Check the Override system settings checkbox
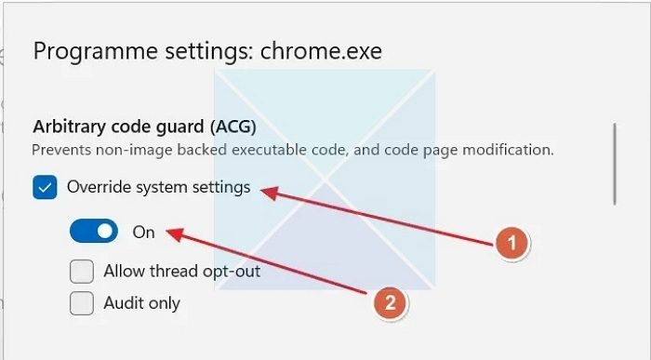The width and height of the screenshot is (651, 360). point(45,187)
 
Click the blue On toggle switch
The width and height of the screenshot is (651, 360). point(94,231)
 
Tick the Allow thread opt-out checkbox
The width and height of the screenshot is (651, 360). point(82,272)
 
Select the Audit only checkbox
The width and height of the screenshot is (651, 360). point(82,303)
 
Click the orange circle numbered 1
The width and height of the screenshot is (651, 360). point(512,244)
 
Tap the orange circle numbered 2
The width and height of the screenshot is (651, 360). point(391,302)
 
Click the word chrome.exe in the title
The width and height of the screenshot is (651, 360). point(321,51)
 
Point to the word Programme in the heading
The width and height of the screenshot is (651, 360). point(95,52)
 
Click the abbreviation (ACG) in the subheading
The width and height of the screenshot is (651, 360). point(233,127)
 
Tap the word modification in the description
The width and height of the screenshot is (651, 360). point(508,150)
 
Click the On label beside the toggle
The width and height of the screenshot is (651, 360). point(143,233)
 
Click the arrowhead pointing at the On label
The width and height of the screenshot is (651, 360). point(175,234)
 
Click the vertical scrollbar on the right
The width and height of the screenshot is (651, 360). point(615,164)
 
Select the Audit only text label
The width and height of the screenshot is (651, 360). point(142,303)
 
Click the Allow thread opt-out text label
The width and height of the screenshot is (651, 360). point(182,272)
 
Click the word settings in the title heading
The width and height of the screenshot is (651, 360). point(209,52)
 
